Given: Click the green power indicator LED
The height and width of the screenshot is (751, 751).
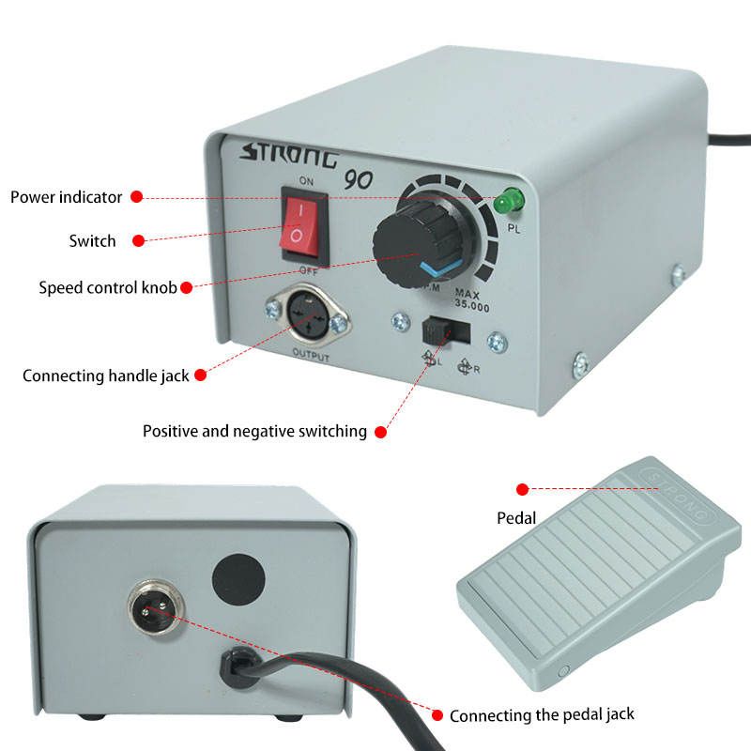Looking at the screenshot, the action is tap(509, 201).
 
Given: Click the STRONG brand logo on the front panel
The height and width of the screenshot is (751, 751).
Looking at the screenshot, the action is tap(290, 155).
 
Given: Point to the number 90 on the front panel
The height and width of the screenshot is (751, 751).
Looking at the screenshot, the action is tap(359, 179).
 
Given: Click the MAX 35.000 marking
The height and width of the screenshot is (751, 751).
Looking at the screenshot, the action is tap(471, 299).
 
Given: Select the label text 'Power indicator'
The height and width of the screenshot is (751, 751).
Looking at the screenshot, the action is tap(66, 197).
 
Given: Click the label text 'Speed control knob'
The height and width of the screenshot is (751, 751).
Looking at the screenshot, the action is tap(108, 287).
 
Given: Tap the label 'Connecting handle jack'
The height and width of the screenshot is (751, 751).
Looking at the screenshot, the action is tap(106, 375).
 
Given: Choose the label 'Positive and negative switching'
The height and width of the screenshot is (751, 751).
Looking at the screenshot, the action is tap(254, 431).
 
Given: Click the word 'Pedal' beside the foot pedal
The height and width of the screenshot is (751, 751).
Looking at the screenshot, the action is tap(516, 518).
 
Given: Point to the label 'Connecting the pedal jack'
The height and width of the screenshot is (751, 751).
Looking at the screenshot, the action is tap(542, 715).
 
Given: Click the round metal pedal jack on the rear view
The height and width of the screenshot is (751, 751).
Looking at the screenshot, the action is tap(155, 607).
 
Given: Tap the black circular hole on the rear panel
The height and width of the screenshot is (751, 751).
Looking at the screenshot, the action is tap(238, 579).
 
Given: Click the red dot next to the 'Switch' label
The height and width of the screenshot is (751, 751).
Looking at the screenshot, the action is tap(138, 240).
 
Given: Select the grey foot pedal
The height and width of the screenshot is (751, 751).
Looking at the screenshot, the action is tap(599, 574).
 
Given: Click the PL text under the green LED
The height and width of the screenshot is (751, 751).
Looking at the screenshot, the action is tap(513, 228).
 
